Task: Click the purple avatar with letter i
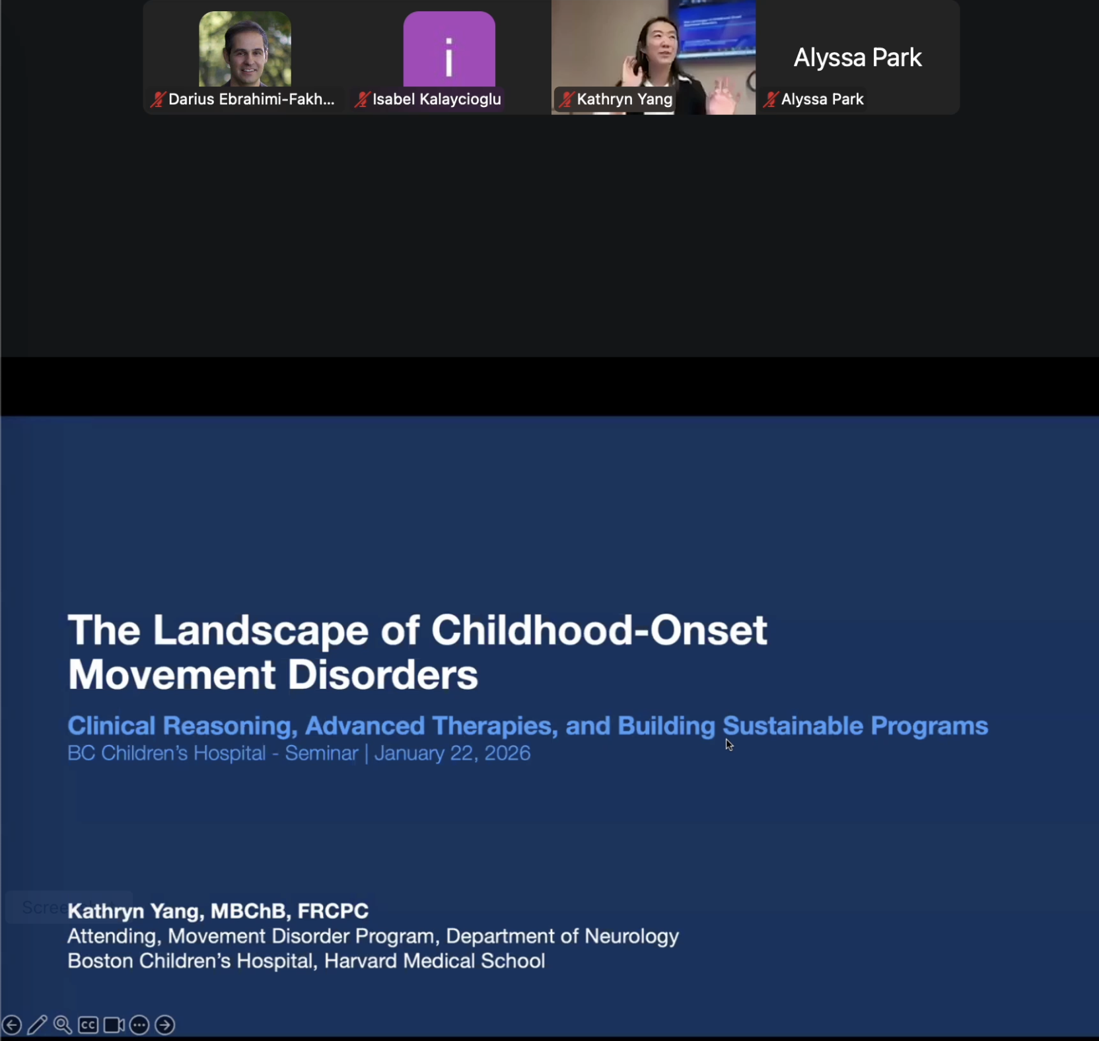[x=449, y=50]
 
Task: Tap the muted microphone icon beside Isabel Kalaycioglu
[x=362, y=100]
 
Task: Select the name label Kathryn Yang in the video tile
[x=624, y=100]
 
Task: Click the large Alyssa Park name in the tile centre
[x=857, y=58]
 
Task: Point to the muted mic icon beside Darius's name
[x=158, y=100]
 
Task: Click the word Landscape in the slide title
[x=261, y=630]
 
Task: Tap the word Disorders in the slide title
[x=382, y=675]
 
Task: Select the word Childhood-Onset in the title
[x=599, y=630]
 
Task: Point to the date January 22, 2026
[x=452, y=754]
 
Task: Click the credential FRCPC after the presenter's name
[x=333, y=912]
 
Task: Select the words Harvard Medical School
[x=435, y=961]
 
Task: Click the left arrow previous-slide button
[x=12, y=1024]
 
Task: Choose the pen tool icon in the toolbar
[x=37, y=1024]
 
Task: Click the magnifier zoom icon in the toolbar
[x=63, y=1024]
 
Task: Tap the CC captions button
[x=88, y=1024]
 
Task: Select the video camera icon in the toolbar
[x=114, y=1024]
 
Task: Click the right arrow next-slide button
[x=164, y=1024]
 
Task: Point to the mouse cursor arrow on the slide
[x=728, y=744]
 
